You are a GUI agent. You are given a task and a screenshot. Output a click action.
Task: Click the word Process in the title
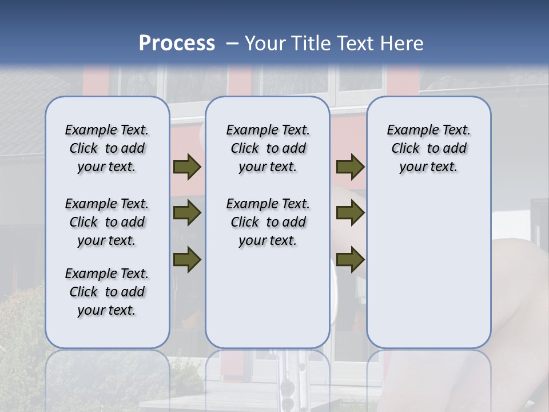[x=177, y=43]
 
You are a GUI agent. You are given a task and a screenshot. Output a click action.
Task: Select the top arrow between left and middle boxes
[x=187, y=167]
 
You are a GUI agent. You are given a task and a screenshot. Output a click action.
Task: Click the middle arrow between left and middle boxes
[x=187, y=213]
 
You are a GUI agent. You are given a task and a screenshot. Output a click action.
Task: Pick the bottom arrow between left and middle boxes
[x=187, y=259]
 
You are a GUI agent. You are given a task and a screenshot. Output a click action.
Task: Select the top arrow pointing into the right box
[x=350, y=167]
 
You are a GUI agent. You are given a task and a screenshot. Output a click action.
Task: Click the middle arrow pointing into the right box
[x=350, y=213]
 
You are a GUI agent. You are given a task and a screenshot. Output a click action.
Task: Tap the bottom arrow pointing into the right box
[x=350, y=259]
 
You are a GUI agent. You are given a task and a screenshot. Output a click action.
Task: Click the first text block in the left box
[x=107, y=148]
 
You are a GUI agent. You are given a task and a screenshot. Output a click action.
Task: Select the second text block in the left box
[x=107, y=222]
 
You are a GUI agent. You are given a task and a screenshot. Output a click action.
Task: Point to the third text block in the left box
[x=107, y=292]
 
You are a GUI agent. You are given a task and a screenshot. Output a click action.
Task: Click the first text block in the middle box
[x=268, y=148]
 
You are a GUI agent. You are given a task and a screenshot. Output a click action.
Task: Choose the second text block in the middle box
[x=268, y=222]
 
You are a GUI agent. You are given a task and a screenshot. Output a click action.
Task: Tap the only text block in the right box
[x=428, y=148]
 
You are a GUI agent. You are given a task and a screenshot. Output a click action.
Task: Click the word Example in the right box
[x=408, y=130]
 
